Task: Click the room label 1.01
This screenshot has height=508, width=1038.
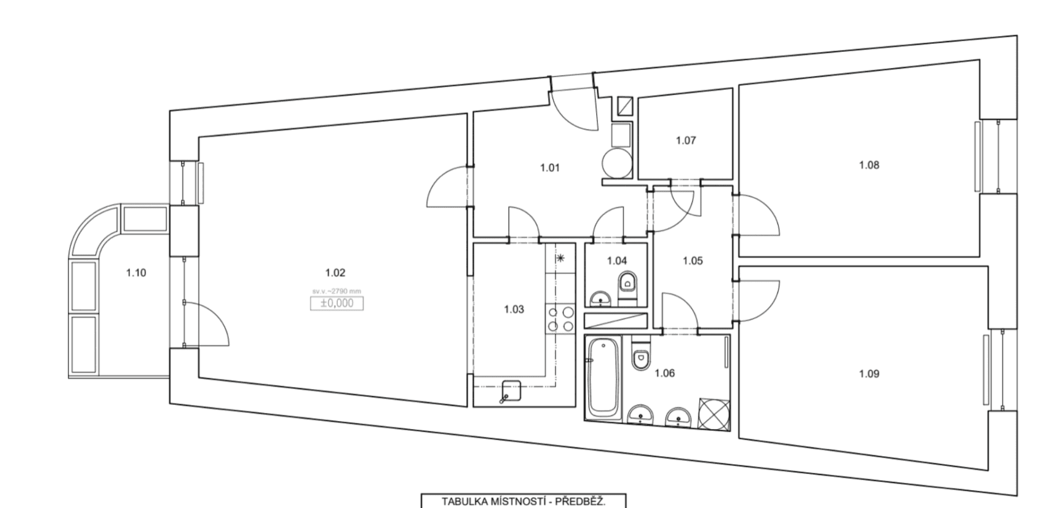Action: [x=550, y=168]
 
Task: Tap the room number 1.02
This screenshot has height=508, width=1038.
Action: [x=335, y=273]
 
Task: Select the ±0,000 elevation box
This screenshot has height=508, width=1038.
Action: [x=337, y=303]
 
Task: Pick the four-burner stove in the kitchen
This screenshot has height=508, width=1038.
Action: [x=561, y=319]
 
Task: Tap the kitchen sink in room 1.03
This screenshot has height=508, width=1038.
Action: [x=510, y=390]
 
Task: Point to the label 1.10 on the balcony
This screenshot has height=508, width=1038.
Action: [x=136, y=273]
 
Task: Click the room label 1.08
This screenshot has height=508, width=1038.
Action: [x=869, y=165]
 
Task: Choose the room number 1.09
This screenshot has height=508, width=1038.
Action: [x=869, y=374]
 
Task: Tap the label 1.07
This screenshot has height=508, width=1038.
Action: [x=686, y=140]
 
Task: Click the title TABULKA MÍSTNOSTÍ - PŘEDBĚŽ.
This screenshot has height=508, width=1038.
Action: [x=523, y=501]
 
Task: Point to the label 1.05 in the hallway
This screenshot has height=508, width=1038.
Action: [x=693, y=261]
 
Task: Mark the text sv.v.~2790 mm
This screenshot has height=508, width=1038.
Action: [x=337, y=291]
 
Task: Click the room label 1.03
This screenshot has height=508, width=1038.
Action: [x=514, y=309]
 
